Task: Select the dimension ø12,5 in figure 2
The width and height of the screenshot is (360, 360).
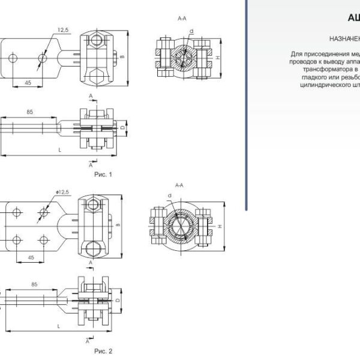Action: click(62, 191)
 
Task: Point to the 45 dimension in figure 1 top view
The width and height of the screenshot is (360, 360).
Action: click(28, 82)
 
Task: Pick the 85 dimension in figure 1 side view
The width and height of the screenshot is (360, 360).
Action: click(29, 112)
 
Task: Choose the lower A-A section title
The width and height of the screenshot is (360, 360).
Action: click(179, 185)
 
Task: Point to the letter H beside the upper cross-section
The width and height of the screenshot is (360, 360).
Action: click(218, 57)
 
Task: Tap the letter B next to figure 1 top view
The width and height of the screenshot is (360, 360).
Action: click(123, 57)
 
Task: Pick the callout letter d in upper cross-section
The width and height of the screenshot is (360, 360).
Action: click(191, 30)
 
